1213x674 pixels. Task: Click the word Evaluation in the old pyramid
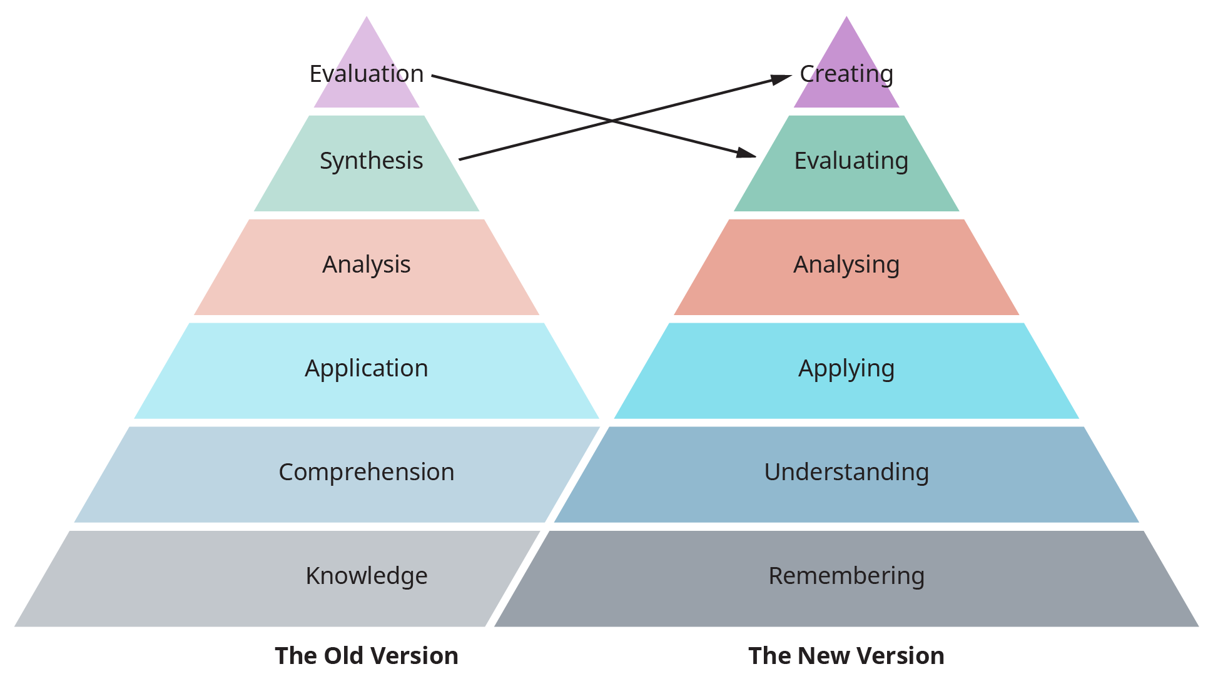point(367,74)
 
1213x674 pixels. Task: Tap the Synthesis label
point(371,161)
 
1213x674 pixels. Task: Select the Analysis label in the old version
point(367,264)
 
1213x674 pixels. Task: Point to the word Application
point(367,368)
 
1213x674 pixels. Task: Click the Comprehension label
point(367,472)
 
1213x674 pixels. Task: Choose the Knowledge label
point(367,576)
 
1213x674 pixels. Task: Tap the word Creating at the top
point(846,74)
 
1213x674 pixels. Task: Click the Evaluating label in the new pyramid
point(851,161)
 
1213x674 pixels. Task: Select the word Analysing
point(846,264)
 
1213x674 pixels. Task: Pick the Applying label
point(846,368)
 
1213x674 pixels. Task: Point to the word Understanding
point(846,472)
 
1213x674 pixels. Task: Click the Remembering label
point(846,576)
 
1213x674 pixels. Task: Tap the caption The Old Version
point(367,656)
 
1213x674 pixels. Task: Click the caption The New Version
point(846,656)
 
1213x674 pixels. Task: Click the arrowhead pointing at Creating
point(782,79)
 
